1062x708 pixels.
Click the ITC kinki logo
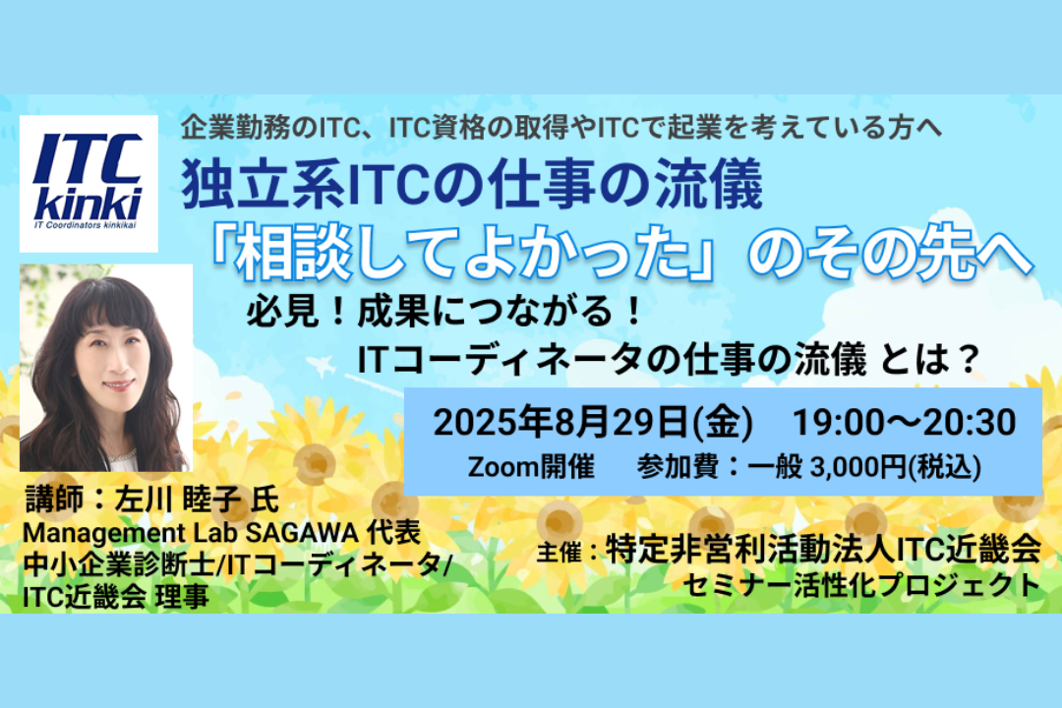pos(88,183)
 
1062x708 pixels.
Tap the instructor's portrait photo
pos(105,367)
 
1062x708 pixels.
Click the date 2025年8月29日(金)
pos(593,422)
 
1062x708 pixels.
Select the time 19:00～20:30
pos(905,422)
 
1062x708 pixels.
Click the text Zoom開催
pos(531,467)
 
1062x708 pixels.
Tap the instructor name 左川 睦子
pos(177,500)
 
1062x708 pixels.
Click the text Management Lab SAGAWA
pos(191,533)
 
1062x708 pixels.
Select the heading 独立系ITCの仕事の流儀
pos(472,185)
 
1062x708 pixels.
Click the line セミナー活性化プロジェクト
pos(861,585)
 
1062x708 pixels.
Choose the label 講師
pos(54,500)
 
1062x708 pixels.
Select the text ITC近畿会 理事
pos(116,596)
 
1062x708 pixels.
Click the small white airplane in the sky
pos(322,367)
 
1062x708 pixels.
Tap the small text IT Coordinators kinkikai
pos(86,225)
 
